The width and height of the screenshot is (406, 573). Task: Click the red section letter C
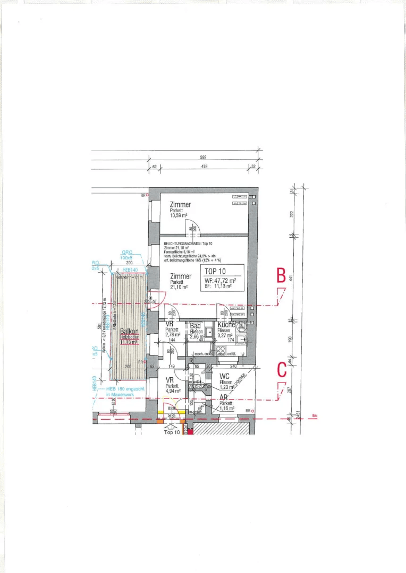(x=282, y=370)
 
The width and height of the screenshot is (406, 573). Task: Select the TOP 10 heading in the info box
(x=216, y=271)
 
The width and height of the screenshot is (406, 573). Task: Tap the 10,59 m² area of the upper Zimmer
(x=179, y=216)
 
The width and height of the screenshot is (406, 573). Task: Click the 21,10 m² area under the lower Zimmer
(x=180, y=287)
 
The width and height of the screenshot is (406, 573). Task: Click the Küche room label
(x=226, y=324)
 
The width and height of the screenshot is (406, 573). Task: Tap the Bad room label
(x=196, y=325)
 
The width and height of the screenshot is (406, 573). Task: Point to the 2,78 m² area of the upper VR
(x=172, y=335)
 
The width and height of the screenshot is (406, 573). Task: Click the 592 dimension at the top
(x=203, y=158)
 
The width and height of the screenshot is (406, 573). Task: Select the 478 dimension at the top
(x=204, y=167)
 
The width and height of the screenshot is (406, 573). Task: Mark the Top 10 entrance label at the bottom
(x=172, y=432)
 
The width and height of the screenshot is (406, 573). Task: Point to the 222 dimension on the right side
(x=292, y=214)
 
